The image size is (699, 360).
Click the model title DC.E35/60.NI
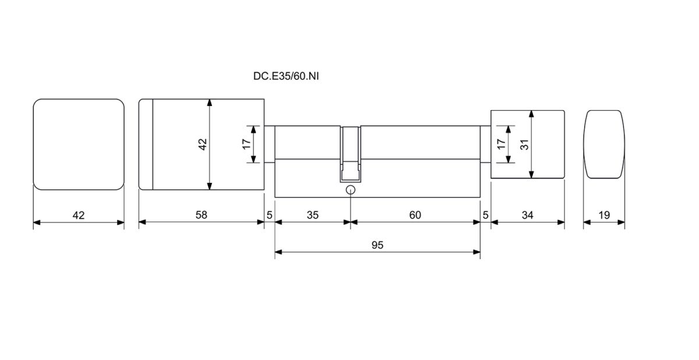[x=286, y=76]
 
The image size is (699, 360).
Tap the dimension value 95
[x=377, y=245]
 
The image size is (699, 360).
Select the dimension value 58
[x=202, y=214]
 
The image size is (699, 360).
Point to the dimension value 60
[x=415, y=215]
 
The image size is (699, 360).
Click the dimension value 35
[x=312, y=215]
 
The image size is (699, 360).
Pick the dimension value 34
[x=527, y=215]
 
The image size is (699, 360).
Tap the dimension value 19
[x=604, y=215]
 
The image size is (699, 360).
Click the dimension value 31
[x=525, y=144]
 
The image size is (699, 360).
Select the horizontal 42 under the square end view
[x=78, y=216]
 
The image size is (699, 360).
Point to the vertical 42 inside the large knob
[x=203, y=144]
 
